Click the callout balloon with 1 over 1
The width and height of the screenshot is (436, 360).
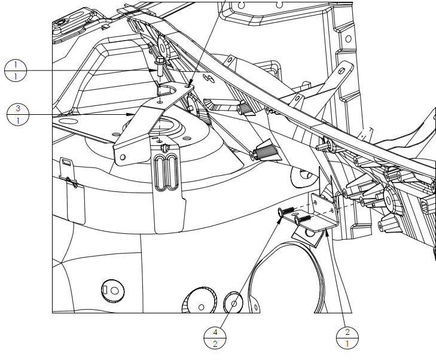tap(16, 71)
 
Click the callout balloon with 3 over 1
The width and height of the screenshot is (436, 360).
tap(18, 114)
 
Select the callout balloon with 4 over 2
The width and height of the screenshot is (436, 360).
tap(215, 338)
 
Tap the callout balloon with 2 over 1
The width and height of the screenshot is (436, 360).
tap(347, 338)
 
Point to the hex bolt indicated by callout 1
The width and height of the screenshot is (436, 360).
tap(160, 66)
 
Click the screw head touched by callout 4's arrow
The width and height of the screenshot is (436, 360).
tap(280, 213)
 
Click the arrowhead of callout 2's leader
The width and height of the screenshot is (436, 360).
tap(327, 233)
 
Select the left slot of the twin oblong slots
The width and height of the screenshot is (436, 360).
tap(160, 173)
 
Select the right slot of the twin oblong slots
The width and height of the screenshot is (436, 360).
tap(172, 172)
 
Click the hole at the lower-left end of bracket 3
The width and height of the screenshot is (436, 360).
tap(123, 157)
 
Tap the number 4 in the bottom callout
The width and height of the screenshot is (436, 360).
tap(215, 332)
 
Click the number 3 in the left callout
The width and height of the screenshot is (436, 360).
tap(18, 108)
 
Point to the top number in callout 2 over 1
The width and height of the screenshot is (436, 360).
tap(347, 332)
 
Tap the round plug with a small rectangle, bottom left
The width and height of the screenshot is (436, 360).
tap(113, 291)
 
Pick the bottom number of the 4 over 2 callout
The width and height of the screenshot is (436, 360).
tap(215, 344)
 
